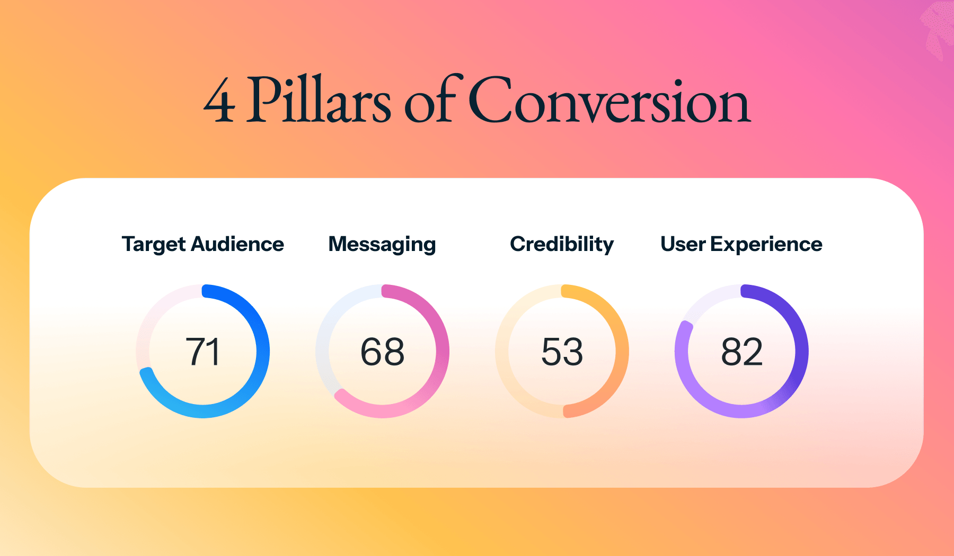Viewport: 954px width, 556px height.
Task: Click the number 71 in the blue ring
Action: pos(202,352)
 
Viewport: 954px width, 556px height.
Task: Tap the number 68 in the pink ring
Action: pos(382,352)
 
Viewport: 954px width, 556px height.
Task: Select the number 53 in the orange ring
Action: pos(562,352)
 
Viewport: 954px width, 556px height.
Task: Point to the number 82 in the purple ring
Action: pos(741,352)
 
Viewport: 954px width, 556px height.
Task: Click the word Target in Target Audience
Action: pos(154,245)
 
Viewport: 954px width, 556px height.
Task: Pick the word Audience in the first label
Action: pos(237,244)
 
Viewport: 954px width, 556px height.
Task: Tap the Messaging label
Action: pos(382,245)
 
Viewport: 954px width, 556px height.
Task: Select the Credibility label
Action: pos(562,245)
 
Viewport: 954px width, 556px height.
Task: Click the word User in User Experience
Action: pos(683,244)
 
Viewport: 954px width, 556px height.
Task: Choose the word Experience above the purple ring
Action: pos(766,245)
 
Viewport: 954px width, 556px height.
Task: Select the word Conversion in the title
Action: pos(609,100)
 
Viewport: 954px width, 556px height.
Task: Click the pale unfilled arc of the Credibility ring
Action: pos(501,352)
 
